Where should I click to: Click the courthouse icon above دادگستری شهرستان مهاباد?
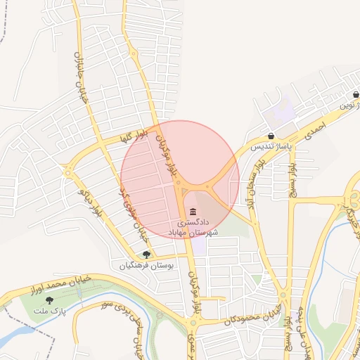click(x=193, y=212)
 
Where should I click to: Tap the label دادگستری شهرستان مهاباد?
click(x=193, y=227)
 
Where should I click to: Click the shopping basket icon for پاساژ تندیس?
click(x=271, y=136)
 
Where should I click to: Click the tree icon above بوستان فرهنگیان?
click(x=146, y=255)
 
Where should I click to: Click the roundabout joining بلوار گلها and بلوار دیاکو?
click(x=69, y=170)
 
